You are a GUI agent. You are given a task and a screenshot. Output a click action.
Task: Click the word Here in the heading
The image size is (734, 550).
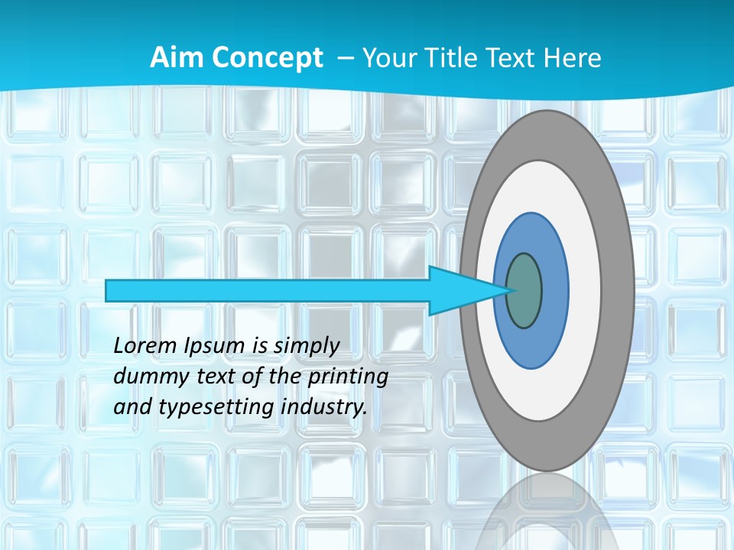(x=571, y=58)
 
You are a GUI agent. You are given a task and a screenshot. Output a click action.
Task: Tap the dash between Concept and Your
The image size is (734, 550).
(x=345, y=59)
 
